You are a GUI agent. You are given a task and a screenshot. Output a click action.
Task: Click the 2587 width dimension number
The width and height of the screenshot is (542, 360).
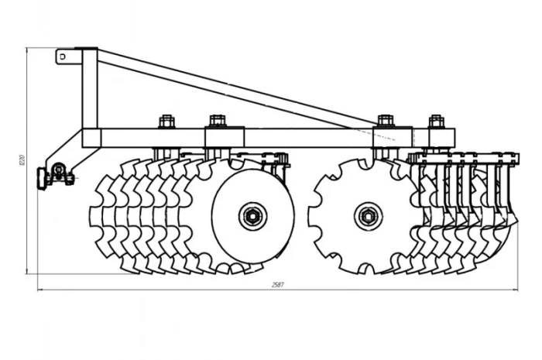tap(278, 285)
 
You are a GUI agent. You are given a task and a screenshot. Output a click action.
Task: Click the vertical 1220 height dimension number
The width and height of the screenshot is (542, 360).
tap(22, 161)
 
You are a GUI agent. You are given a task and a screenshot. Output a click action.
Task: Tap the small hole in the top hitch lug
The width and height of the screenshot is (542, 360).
tap(61, 56)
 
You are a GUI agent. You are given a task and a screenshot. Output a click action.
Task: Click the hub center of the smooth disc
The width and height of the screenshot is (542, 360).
tap(252, 215)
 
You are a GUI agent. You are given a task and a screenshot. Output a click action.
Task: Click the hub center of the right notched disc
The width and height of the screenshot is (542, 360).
tap(367, 215)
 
